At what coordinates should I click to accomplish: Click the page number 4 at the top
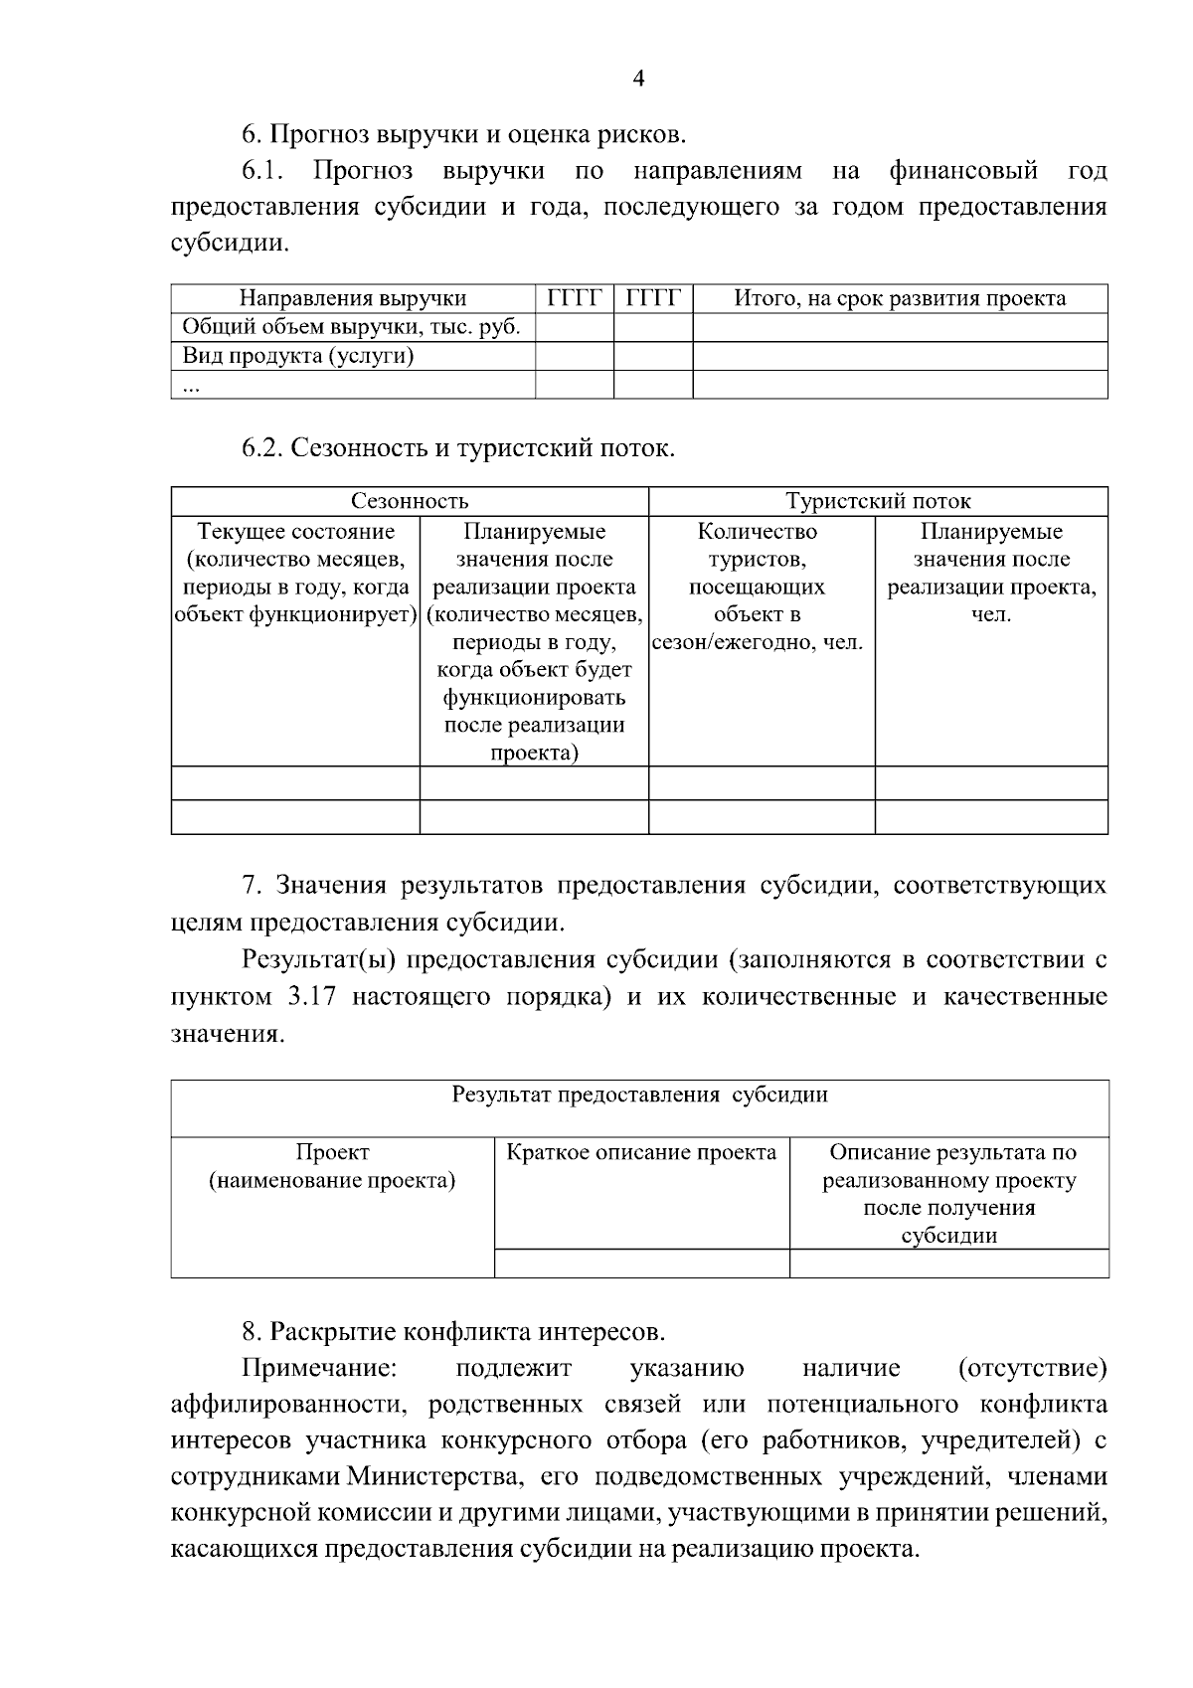click(x=638, y=80)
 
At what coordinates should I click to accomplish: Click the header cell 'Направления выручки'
click(x=353, y=298)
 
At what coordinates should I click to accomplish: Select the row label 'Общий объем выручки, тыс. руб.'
click(x=352, y=327)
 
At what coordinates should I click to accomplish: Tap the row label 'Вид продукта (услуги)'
click(x=298, y=356)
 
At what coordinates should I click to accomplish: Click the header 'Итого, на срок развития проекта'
click(x=900, y=298)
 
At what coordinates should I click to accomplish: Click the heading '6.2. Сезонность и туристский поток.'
click(x=458, y=448)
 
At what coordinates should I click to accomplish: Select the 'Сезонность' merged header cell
click(x=410, y=501)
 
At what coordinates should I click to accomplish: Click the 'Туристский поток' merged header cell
click(x=878, y=501)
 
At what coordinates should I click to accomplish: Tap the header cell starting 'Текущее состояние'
click(x=295, y=573)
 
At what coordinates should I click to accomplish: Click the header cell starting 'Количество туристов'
click(x=758, y=587)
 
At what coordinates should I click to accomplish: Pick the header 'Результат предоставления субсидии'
click(x=639, y=1096)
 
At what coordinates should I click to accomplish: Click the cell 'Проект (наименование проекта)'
click(x=332, y=1167)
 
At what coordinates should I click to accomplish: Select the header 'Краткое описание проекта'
click(x=641, y=1153)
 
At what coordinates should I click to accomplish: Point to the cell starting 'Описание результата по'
click(x=949, y=1194)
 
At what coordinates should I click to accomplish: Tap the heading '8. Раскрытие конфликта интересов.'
click(x=453, y=1331)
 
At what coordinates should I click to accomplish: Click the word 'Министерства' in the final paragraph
click(x=433, y=1477)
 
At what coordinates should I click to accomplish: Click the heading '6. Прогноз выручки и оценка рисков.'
click(x=464, y=133)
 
